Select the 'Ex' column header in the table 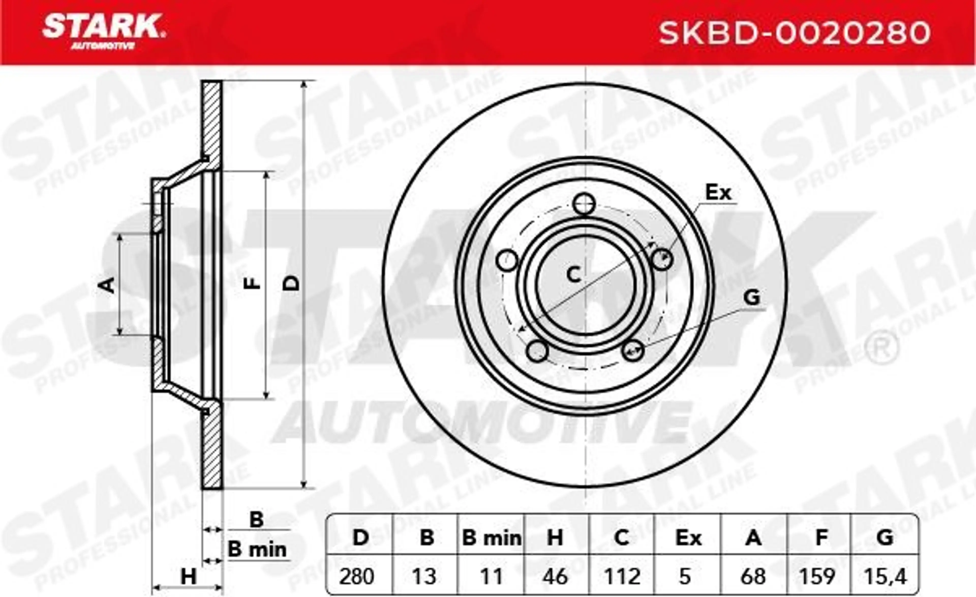689,538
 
